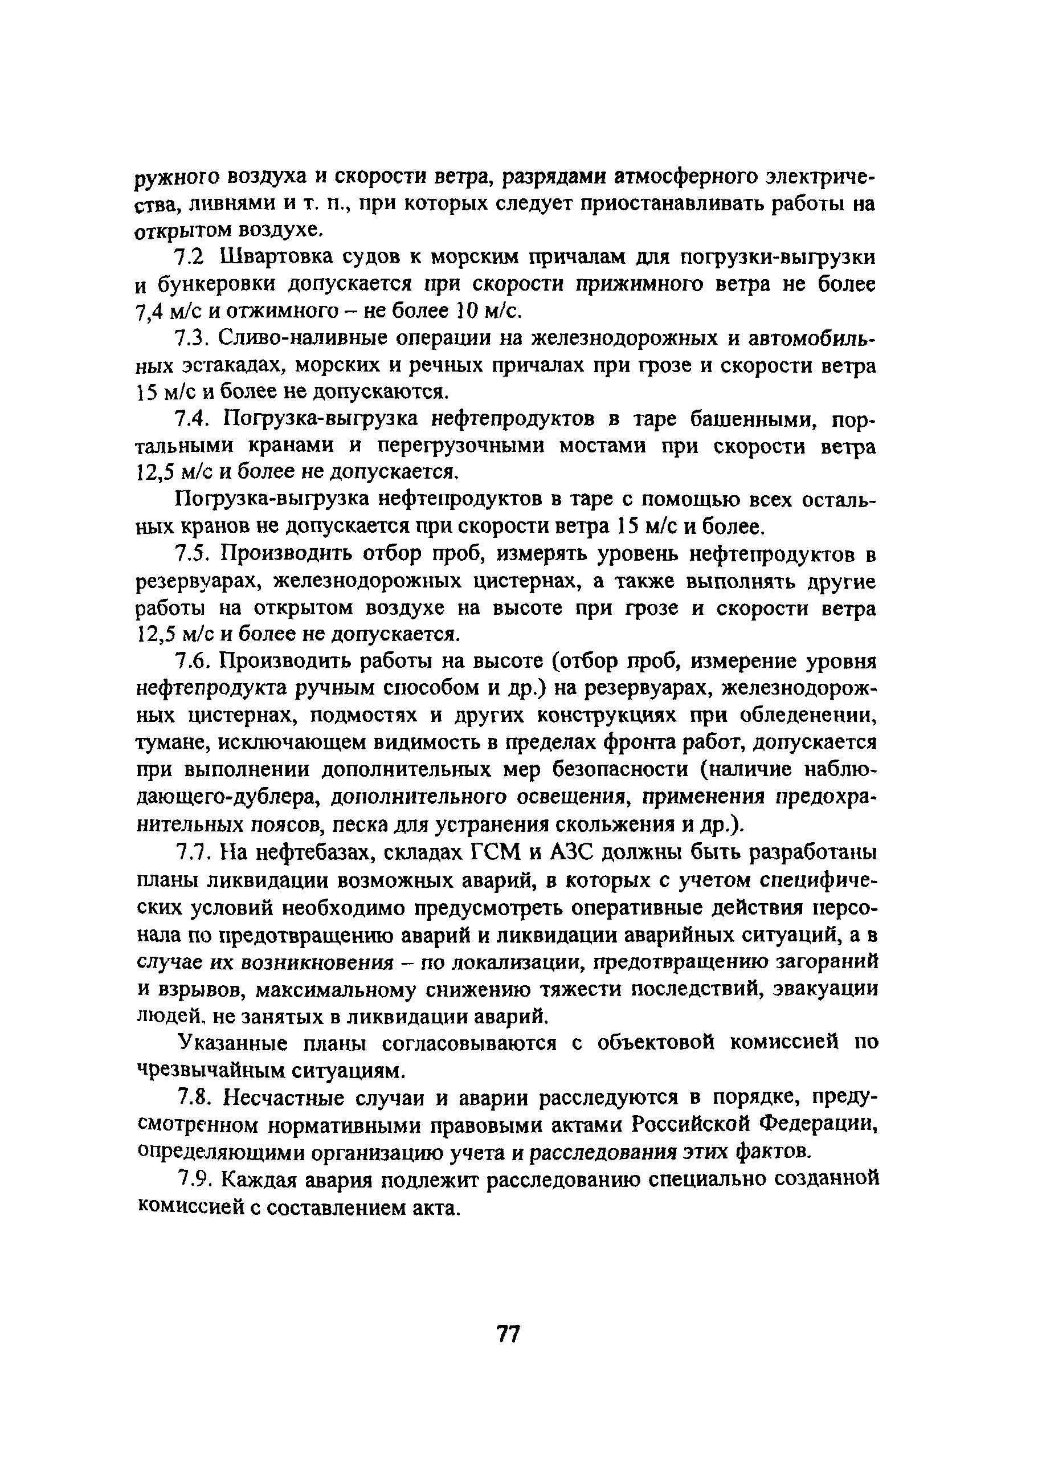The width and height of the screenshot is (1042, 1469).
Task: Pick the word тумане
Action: (x=171, y=742)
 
